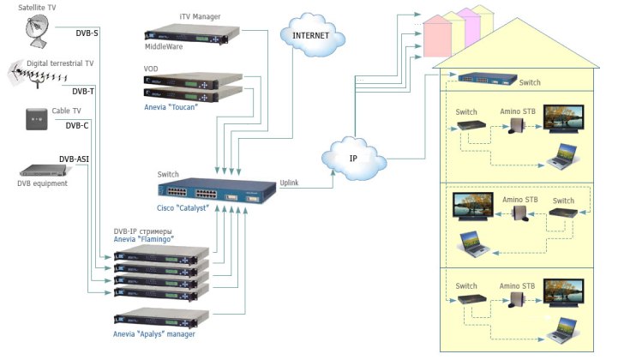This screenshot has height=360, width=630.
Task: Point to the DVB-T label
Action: [x=83, y=91]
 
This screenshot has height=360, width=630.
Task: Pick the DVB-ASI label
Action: [x=74, y=159]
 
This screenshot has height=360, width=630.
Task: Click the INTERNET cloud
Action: [x=310, y=36]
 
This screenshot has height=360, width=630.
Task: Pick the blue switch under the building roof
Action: [x=487, y=78]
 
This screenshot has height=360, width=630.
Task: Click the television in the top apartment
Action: [x=566, y=123]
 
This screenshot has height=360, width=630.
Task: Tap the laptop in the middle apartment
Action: [x=476, y=245]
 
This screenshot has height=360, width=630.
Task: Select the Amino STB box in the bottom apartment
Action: [x=518, y=302]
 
